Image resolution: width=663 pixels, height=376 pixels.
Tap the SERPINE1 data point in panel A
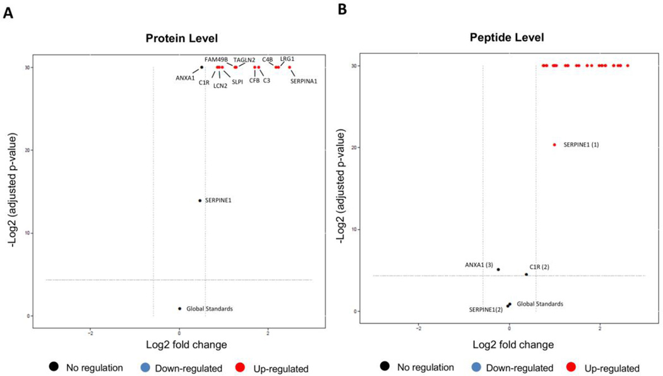200,200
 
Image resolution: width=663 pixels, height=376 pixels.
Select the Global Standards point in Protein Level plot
180,308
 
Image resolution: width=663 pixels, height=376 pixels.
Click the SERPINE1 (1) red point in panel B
555,145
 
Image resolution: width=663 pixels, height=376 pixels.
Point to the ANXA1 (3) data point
498,269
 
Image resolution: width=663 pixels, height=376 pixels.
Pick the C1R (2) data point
526,274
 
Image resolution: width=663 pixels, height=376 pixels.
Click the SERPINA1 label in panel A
304,81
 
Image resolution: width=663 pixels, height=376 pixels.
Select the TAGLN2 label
244,60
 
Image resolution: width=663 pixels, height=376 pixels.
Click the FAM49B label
216,59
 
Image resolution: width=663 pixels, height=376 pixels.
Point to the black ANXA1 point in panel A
202,67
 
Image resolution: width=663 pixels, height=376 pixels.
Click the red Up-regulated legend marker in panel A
241,368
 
